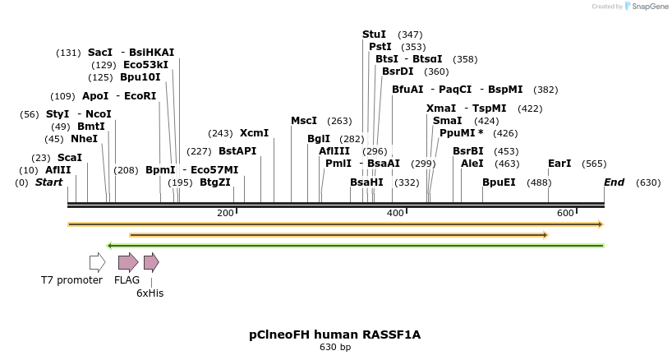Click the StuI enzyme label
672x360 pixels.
374,35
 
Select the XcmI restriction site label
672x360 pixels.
254,133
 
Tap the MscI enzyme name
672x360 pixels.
304,121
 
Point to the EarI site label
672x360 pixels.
559,164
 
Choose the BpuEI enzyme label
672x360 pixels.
499,182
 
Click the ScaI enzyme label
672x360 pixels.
70,158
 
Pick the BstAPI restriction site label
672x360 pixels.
237,151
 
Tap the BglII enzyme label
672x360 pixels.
319,139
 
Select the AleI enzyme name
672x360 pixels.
472,164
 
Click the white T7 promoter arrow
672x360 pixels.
97,262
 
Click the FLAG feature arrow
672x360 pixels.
128,262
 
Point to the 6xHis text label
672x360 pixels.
150,292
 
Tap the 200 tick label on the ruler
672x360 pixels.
225,214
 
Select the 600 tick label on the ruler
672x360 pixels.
564,214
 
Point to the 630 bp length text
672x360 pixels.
335,348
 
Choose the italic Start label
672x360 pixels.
48,182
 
